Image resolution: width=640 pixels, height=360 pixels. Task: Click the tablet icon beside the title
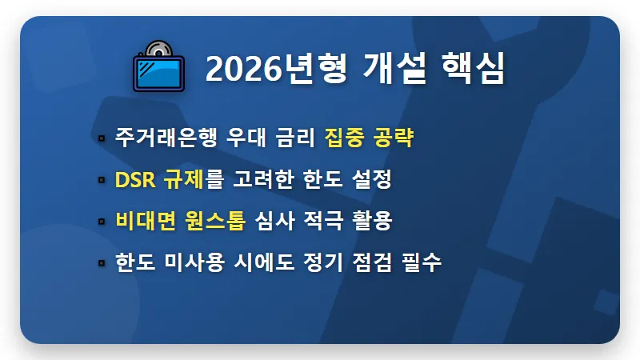pyautogui.click(x=158, y=70)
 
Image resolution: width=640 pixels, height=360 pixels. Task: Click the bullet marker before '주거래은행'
pyautogui.click(x=102, y=138)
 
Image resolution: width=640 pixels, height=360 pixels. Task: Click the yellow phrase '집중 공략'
pyautogui.click(x=369, y=138)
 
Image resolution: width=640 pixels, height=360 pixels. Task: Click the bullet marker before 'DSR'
pyautogui.click(x=102, y=180)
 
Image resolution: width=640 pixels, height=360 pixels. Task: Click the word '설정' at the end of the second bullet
pyautogui.click(x=372, y=180)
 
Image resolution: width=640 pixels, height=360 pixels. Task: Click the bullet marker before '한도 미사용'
pyautogui.click(x=102, y=263)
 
